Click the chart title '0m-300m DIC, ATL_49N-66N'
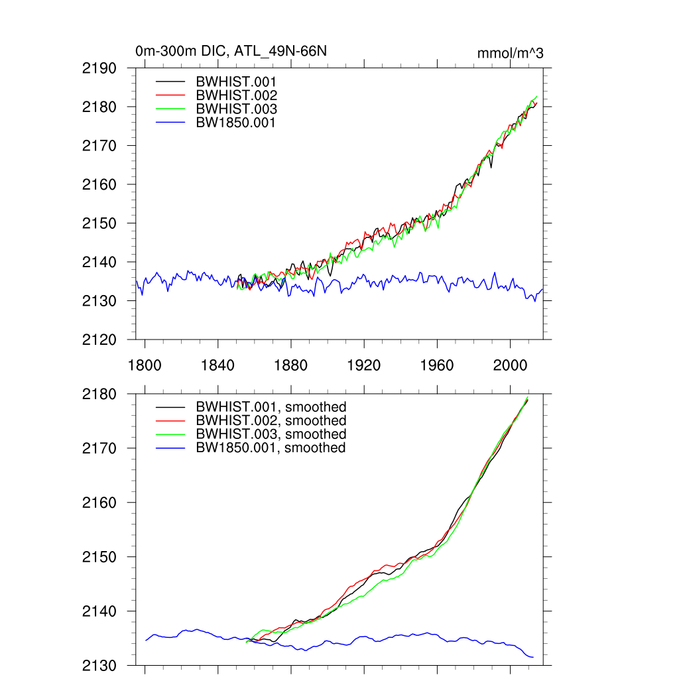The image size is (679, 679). point(231,51)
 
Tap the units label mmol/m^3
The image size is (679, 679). point(510,53)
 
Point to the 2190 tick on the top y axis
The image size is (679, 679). point(100,68)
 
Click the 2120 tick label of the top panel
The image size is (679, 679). point(100,340)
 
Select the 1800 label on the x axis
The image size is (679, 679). point(145,365)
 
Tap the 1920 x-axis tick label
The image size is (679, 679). point(364,365)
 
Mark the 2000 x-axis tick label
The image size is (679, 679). point(510,365)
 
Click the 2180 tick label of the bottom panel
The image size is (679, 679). point(100,395)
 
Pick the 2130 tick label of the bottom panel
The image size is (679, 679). point(100,666)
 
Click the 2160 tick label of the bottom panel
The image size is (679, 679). point(100,503)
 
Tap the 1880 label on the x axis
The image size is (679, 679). point(290,365)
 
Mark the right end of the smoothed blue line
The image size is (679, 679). point(533,657)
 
